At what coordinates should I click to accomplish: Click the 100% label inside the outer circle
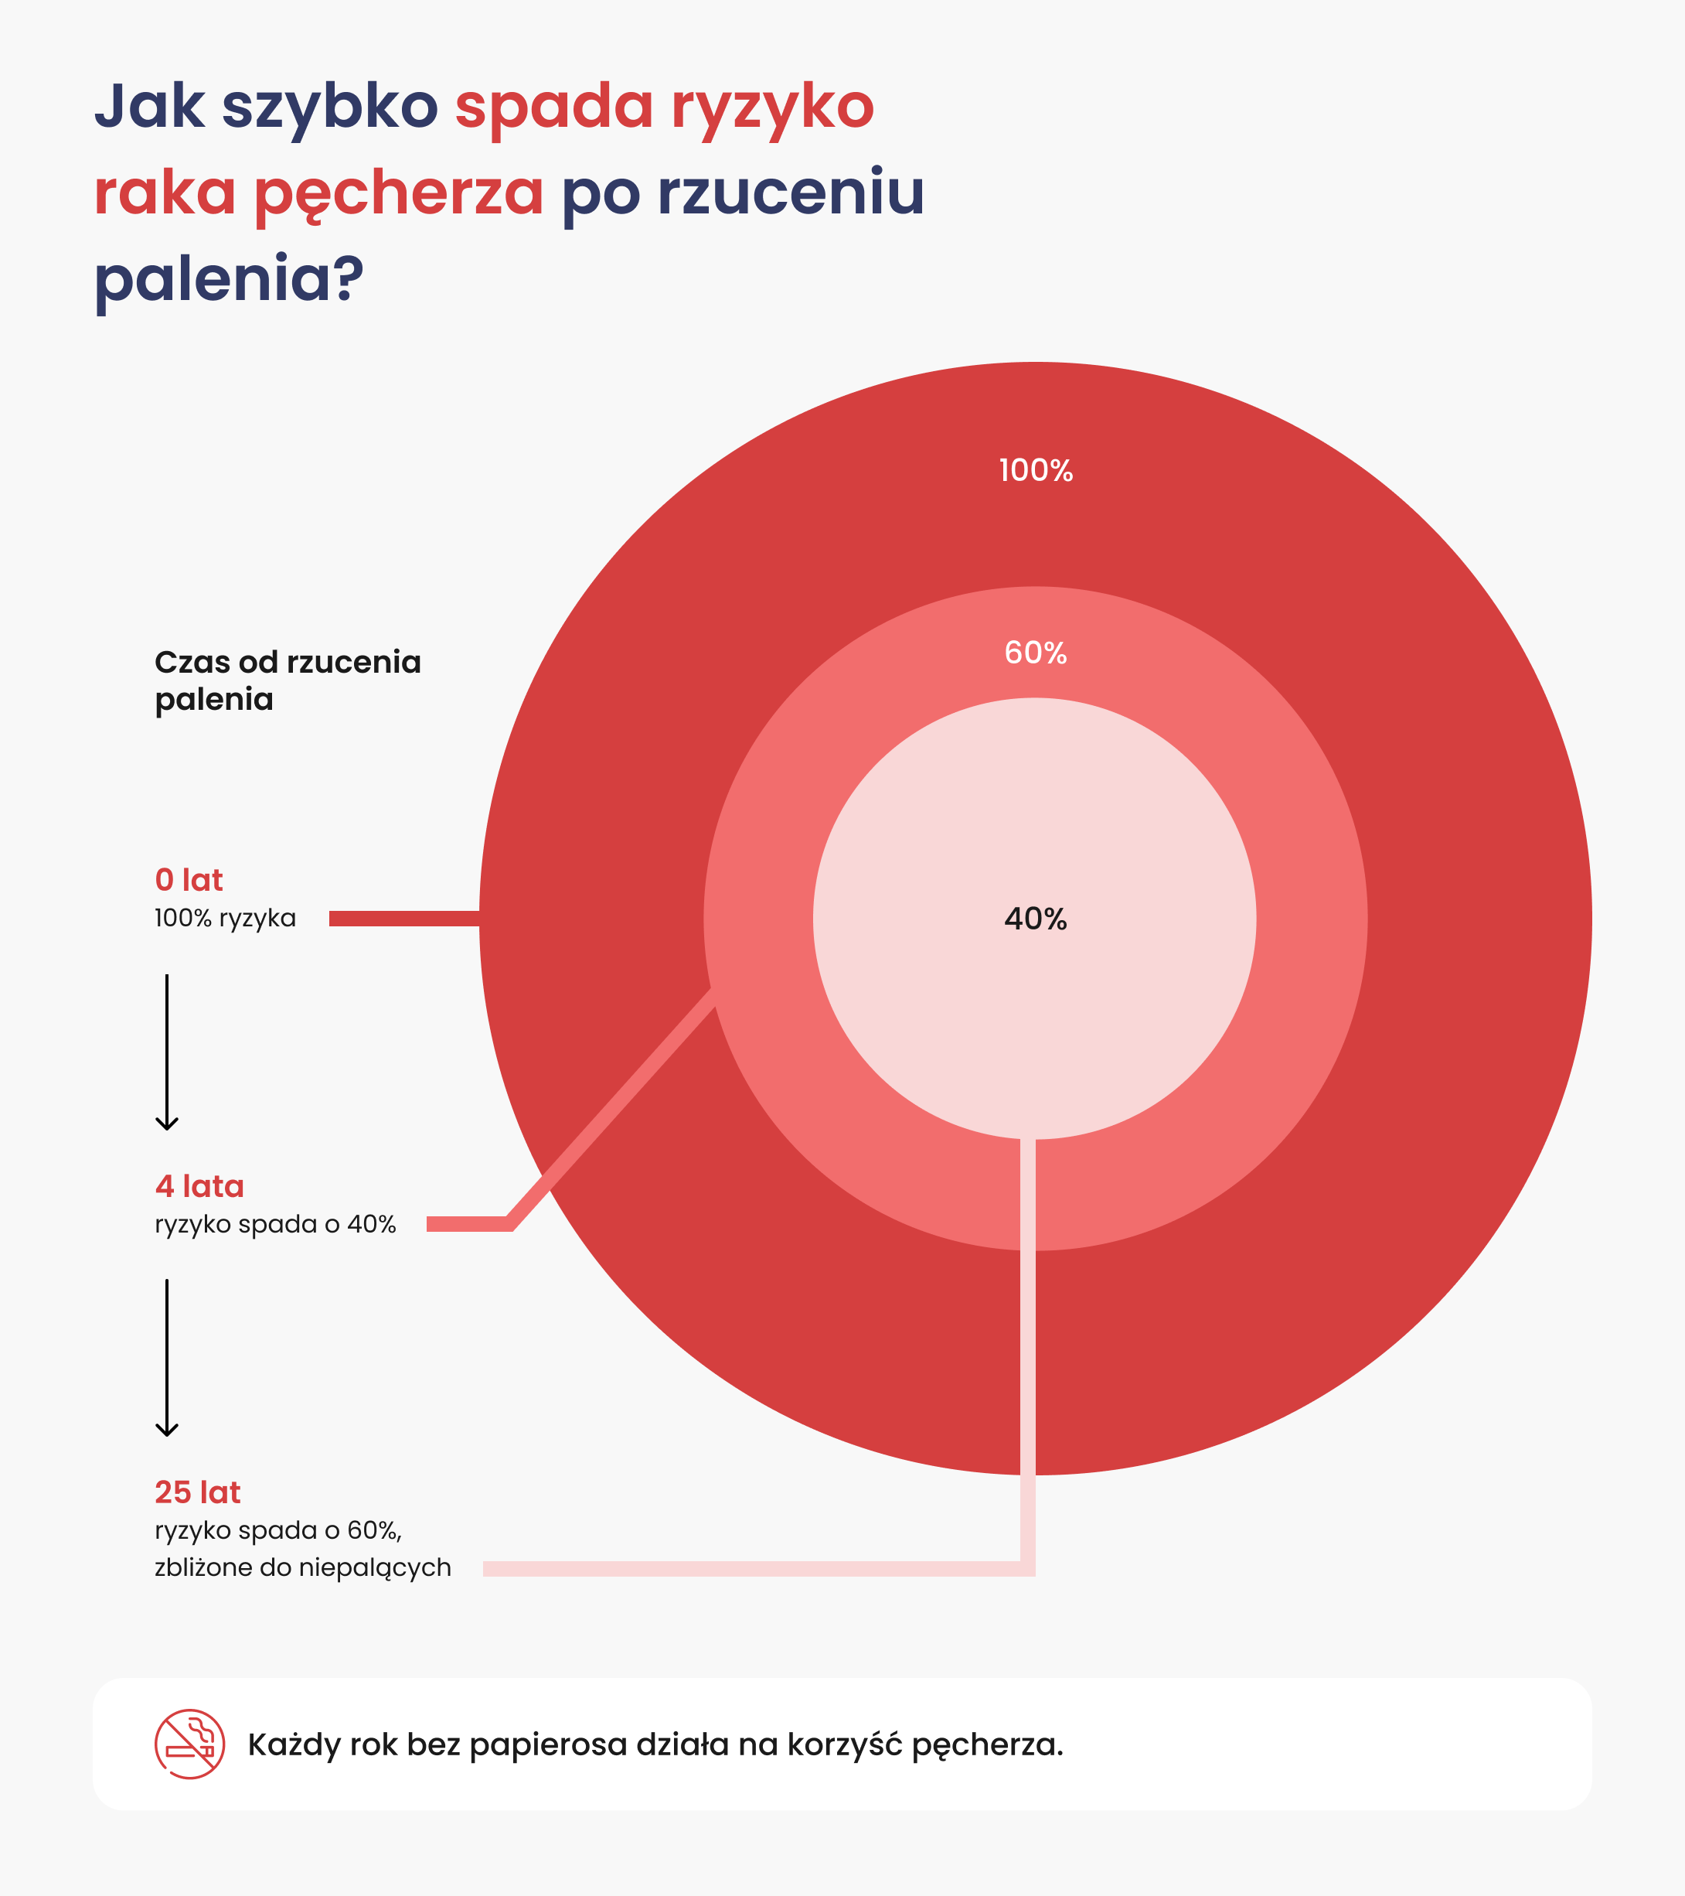tap(1035, 470)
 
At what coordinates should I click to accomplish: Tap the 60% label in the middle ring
tap(1035, 653)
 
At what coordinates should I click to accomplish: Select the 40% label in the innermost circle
tap(1035, 919)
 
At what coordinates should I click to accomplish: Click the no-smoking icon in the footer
tap(189, 1744)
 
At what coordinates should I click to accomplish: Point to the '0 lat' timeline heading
tap(189, 879)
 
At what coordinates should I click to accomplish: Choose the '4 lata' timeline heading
tap(199, 1185)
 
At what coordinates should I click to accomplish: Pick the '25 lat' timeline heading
tap(198, 1492)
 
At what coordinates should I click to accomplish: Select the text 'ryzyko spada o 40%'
tap(275, 1224)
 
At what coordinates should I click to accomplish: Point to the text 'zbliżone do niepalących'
tap(302, 1567)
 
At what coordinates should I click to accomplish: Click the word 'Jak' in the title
tap(149, 106)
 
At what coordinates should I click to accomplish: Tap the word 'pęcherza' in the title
tap(399, 193)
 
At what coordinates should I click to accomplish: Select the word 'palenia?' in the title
tap(229, 278)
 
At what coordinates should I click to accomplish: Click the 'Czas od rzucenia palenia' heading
tap(288, 680)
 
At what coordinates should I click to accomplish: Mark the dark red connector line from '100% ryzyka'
tap(403, 919)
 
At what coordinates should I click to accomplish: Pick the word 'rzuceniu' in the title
tap(790, 193)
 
